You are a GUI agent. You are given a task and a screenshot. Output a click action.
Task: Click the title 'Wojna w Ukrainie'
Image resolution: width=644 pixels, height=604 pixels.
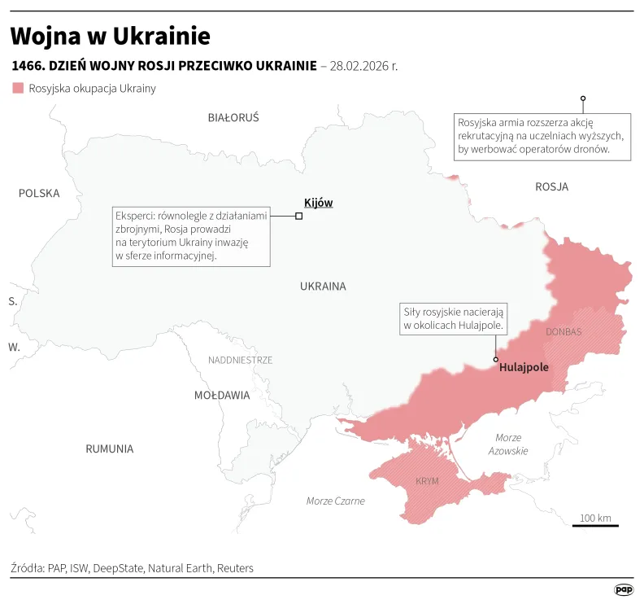[110, 36]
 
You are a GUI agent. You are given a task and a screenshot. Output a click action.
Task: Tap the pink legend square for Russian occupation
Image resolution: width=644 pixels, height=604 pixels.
[17, 88]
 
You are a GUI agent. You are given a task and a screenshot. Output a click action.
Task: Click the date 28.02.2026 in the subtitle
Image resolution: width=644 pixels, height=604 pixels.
[363, 65]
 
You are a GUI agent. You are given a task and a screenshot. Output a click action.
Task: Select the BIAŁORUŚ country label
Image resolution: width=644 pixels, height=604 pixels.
[233, 117]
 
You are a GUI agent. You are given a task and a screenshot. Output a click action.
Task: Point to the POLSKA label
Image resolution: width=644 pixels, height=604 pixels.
[39, 193]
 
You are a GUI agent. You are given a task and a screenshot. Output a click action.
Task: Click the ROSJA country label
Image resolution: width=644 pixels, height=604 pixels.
[551, 186]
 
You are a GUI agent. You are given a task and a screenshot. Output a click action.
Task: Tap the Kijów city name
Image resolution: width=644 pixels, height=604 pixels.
[318, 203]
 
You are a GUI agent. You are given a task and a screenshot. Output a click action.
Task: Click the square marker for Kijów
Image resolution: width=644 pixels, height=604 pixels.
[299, 216]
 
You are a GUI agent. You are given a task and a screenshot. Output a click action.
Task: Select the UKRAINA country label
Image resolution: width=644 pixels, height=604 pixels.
[323, 286]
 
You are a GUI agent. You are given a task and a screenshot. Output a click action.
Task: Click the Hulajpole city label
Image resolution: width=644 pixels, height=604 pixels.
[524, 367]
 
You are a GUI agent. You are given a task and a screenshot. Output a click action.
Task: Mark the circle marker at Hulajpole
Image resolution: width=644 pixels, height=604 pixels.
[495, 359]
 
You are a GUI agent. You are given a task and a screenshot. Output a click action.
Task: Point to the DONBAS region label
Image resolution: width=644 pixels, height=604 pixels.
[563, 332]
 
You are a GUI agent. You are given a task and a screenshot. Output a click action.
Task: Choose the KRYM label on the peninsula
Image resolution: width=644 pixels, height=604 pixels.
[427, 481]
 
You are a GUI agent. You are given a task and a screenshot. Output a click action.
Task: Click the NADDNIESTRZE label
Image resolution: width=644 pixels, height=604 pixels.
[240, 359]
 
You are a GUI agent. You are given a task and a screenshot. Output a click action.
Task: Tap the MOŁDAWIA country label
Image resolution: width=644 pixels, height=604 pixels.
[222, 395]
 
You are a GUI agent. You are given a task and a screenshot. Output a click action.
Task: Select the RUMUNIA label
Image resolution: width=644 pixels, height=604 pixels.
[110, 449]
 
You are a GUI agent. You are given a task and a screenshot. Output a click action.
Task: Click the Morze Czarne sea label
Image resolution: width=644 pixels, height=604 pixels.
[336, 501]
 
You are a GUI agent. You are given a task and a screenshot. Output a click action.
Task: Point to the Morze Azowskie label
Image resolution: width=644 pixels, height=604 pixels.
[508, 444]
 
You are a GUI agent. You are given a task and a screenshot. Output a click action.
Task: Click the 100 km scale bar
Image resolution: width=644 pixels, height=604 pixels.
[595, 525]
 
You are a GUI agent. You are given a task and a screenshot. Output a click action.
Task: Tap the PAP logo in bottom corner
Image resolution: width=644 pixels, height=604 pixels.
[623, 589]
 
